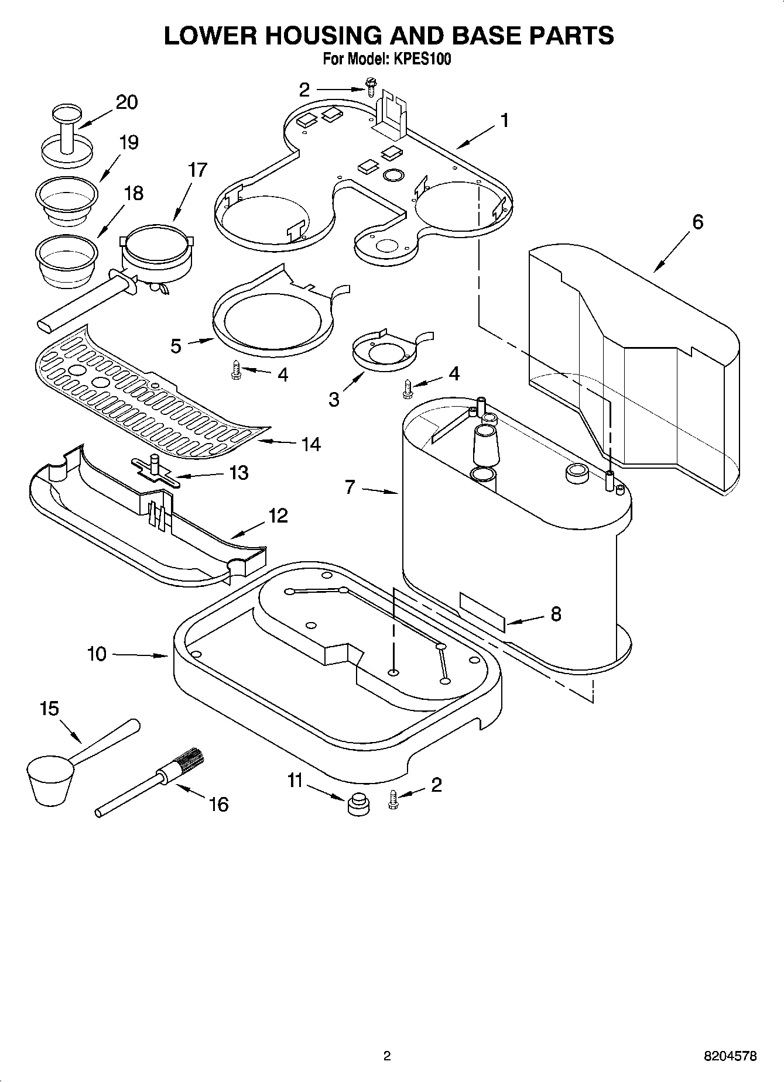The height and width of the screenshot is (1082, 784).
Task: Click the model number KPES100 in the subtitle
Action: click(x=422, y=60)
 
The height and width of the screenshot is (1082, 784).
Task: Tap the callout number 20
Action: click(x=126, y=102)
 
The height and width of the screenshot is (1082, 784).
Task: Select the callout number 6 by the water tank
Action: click(x=697, y=222)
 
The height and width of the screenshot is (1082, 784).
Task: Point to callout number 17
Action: click(x=197, y=170)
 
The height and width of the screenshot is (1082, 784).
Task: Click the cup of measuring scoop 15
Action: click(x=50, y=779)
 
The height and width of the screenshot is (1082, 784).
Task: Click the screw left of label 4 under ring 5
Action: click(x=237, y=370)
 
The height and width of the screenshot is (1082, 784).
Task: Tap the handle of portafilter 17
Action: click(x=76, y=305)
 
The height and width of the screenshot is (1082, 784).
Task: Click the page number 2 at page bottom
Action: click(x=386, y=1056)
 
